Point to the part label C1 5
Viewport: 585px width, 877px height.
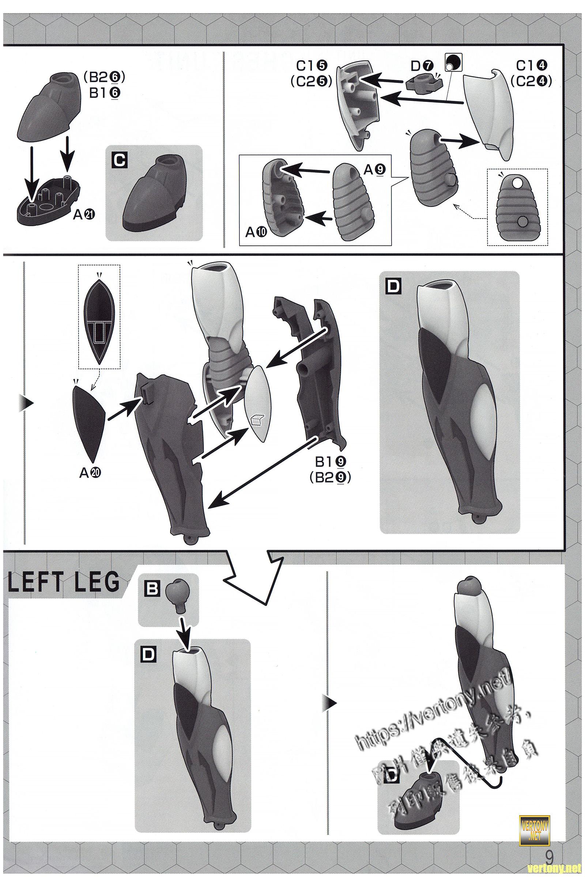312,66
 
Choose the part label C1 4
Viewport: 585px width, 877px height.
531,66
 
